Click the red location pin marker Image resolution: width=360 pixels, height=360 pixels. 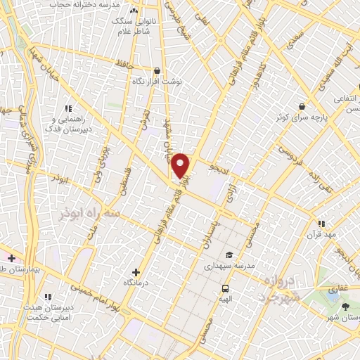pyautogui.click(x=181, y=165)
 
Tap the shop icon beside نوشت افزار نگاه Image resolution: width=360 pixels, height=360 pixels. pyautogui.click(x=157, y=71)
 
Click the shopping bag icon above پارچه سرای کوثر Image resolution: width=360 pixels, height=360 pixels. pyautogui.click(x=302, y=105)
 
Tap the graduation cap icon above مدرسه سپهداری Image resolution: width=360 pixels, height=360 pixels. pyautogui.click(x=229, y=255)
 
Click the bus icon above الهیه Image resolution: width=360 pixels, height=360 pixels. pyautogui.click(x=225, y=288)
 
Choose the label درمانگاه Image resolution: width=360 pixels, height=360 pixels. pyautogui.click(x=135, y=283)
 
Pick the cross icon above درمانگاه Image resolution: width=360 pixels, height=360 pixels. pyautogui.click(x=136, y=272)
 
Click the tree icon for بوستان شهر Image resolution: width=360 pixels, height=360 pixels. pyautogui.click(x=345, y=306)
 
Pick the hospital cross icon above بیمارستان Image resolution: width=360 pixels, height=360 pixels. pyautogui.click(x=11, y=258)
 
